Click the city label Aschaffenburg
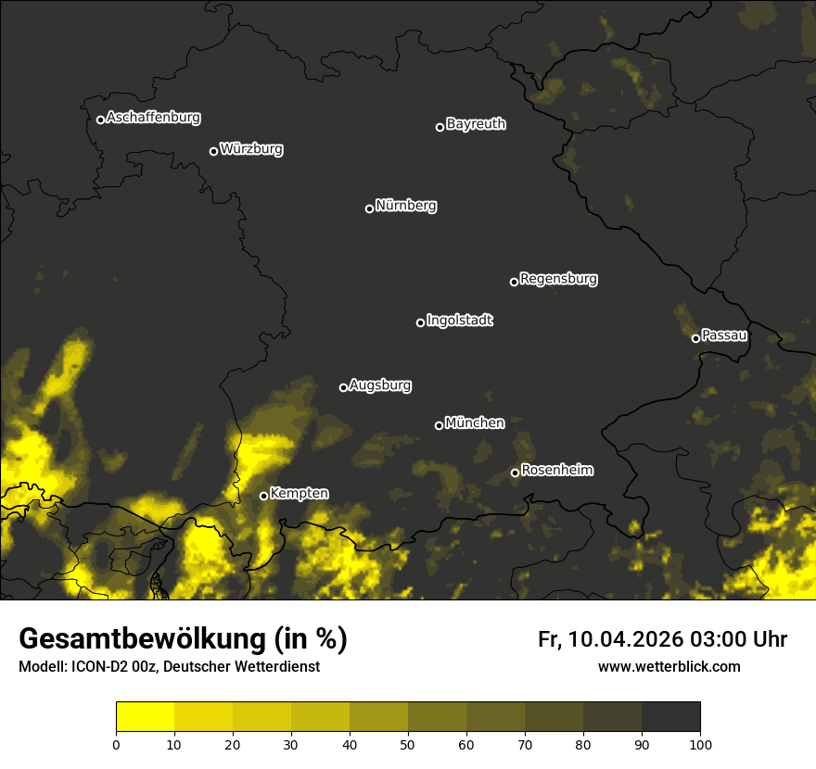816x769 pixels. click(153, 118)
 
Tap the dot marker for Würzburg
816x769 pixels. click(213, 151)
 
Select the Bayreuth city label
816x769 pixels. click(476, 124)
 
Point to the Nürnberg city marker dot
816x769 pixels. click(369, 208)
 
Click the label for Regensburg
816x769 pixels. click(558, 279)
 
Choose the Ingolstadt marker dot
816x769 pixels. click(420, 322)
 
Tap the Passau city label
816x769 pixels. click(724, 335)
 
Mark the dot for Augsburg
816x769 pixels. click(343, 387)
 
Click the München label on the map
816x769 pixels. click(475, 423)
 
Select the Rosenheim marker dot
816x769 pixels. click(515, 473)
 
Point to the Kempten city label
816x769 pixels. click(299, 494)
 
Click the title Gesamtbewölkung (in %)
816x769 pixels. click(183, 639)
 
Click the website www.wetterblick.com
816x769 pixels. click(669, 667)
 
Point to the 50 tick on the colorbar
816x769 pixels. click(408, 743)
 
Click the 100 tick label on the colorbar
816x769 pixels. click(700, 743)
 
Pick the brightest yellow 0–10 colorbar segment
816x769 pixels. click(145, 717)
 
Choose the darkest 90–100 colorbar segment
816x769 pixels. click(670, 717)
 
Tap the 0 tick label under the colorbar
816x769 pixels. click(116, 743)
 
